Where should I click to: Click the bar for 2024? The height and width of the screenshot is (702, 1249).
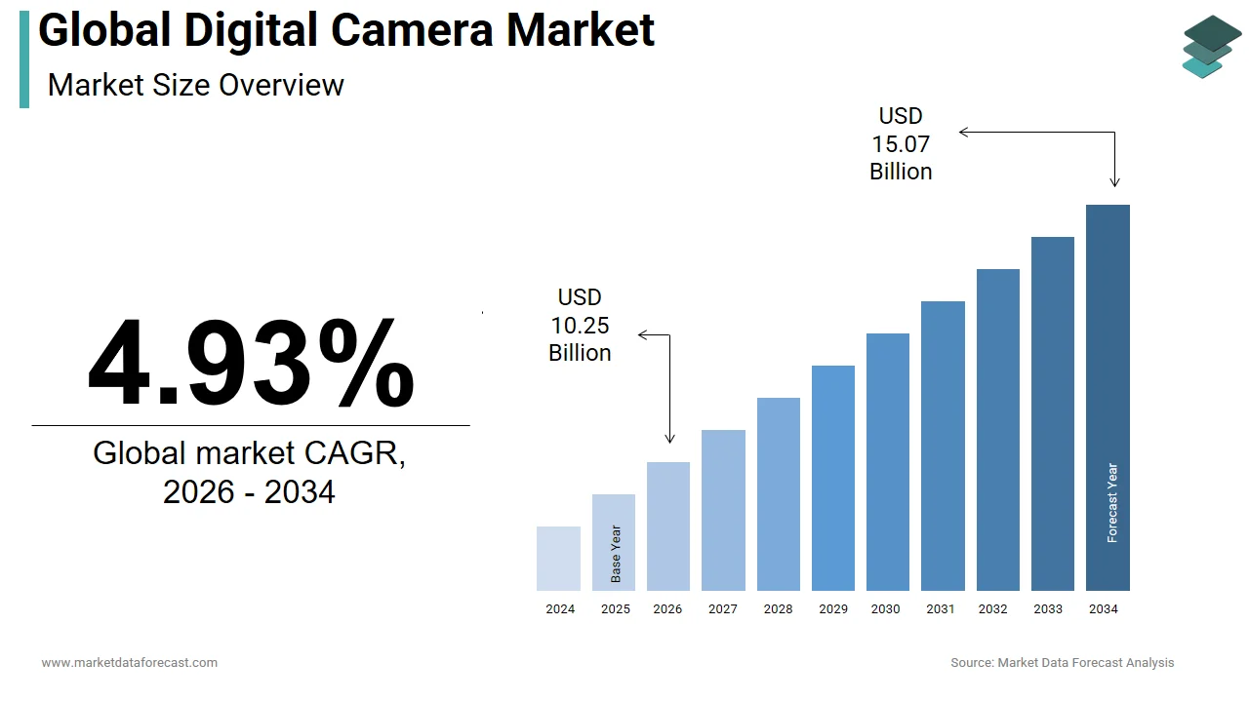tap(558, 559)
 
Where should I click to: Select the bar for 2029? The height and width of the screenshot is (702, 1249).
tap(833, 478)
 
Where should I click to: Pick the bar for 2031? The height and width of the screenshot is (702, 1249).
tap(943, 446)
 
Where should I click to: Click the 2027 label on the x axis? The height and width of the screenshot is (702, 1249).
tap(723, 609)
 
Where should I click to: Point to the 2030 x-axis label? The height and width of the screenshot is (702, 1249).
tap(886, 609)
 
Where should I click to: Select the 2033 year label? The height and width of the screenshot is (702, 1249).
tap(1049, 609)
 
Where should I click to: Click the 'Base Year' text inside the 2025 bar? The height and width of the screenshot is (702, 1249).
tap(616, 554)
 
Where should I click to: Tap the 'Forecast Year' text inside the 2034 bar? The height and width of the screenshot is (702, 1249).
tap(1112, 503)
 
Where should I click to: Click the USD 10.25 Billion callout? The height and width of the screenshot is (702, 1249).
tap(580, 326)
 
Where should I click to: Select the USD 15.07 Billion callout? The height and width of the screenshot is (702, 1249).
tap(901, 144)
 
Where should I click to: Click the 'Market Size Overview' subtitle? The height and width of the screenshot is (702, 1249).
tap(196, 85)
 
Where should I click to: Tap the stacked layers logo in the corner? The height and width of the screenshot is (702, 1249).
tap(1212, 46)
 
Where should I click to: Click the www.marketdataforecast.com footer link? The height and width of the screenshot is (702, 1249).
tap(130, 663)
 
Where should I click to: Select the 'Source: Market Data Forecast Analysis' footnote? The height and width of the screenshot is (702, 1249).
tap(1063, 663)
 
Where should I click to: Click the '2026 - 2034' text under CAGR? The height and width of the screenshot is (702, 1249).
tap(249, 492)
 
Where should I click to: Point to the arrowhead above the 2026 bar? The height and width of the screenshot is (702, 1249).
tap(669, 440)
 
